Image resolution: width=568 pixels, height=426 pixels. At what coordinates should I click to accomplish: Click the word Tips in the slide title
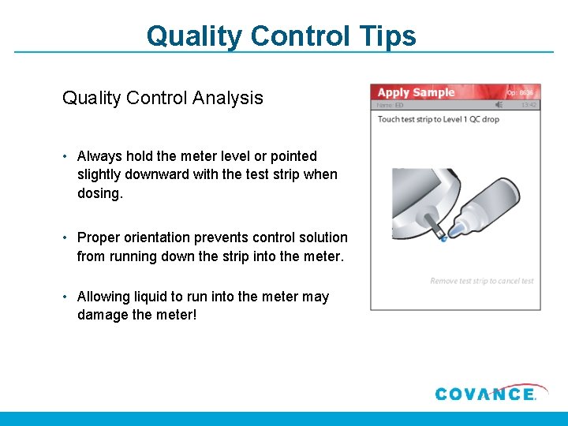point(386,35)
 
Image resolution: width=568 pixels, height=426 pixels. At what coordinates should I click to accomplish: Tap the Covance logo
point(485,393)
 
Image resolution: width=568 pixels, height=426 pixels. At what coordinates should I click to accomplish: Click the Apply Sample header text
point(416,92)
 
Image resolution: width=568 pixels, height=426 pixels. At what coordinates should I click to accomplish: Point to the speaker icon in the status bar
point(499,104)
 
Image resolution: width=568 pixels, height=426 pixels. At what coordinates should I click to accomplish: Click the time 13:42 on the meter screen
point(529,104)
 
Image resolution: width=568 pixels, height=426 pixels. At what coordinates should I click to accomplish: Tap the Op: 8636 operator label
point(521,92)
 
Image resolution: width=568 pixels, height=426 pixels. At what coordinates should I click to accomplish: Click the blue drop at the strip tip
point(443,237)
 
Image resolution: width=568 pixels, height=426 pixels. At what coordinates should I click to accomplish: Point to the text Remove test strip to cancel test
point(482,281)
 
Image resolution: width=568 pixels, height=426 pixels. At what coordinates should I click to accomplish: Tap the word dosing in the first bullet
point(99,192)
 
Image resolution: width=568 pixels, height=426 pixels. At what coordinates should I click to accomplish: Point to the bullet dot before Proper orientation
point(66,237)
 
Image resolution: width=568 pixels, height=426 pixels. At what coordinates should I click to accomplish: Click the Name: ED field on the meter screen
point(390,104)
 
